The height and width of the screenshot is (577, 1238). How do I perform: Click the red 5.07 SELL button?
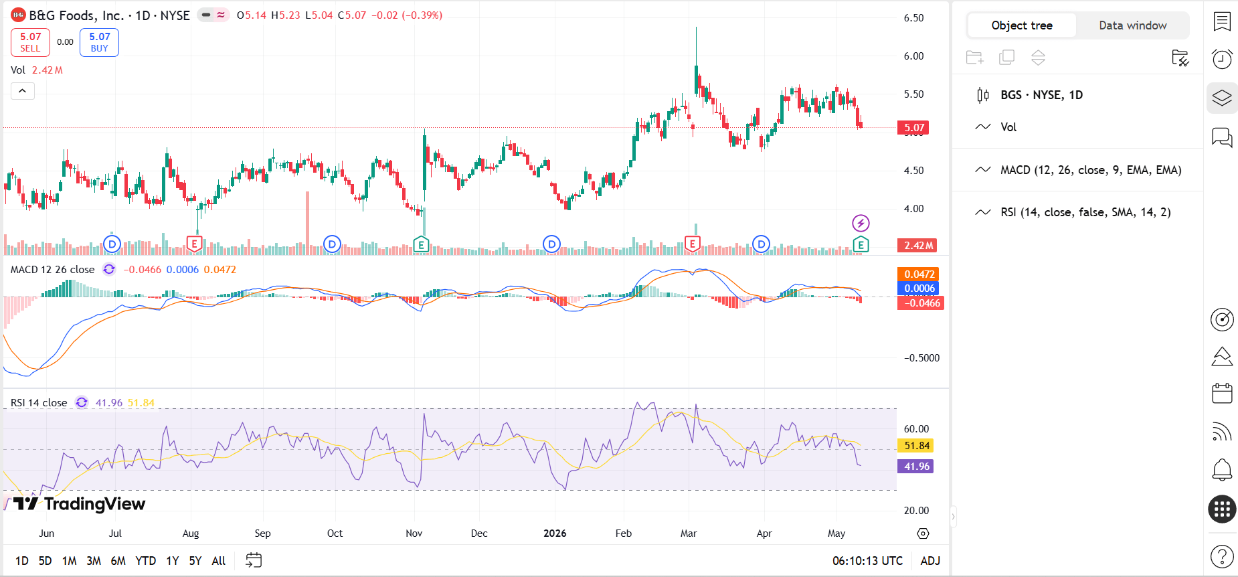tap(30, 42)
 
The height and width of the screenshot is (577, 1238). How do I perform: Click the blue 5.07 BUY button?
tap(99, 42)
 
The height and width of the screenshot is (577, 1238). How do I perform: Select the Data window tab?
tap(1132, 25)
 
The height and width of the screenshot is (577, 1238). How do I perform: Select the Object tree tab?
tap(1022, 25)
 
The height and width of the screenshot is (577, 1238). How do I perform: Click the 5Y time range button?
tap(195, 561)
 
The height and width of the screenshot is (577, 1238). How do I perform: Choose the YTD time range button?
tap(145, 561)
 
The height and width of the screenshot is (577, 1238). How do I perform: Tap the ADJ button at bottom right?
tap(930, 561)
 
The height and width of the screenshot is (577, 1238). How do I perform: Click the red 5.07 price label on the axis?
tap(914, 128)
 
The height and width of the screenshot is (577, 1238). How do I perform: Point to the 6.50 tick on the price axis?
tap(913, 18)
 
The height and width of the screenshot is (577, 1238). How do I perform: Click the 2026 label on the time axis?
tap(555, 533)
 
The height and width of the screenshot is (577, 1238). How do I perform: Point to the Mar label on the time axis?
tap(689, 533)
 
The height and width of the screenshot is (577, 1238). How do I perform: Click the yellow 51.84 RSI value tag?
tap(916, 446)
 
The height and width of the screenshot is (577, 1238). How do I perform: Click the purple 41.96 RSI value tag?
tap(916, 467)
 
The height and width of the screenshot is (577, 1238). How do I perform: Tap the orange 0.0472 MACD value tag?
tap(919, 274)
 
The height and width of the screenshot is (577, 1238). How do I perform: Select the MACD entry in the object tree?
tap(1091, 170)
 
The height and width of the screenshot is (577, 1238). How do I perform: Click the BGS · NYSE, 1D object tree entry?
tap(1041, 95)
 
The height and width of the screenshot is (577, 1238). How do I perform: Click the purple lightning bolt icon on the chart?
tap(861, 223)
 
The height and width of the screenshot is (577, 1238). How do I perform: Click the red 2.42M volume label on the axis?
tap(917, 246)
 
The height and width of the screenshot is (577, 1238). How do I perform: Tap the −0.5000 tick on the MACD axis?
tap(921, 358)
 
